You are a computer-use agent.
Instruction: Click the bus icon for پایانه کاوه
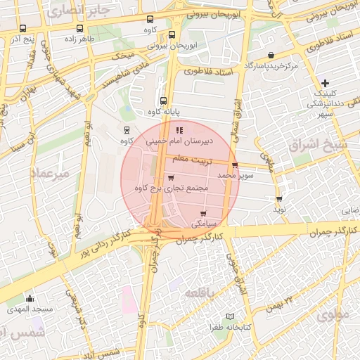pos(164,101)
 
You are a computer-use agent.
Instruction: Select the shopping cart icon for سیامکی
pos(203,212)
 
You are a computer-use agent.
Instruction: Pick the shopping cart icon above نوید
pos(279,199)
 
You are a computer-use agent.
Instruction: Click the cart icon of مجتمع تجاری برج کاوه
pos(172,177)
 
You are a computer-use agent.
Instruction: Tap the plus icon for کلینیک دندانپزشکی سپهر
pos(324,83)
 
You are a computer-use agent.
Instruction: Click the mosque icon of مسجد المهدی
pos(30,299)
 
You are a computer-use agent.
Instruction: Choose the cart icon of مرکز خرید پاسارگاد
pos(271,55)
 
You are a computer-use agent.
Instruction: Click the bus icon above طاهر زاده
pos(79,29)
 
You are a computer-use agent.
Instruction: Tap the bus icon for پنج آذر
pos(22,29)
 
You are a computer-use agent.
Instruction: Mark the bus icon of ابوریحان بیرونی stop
pos(172,34)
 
